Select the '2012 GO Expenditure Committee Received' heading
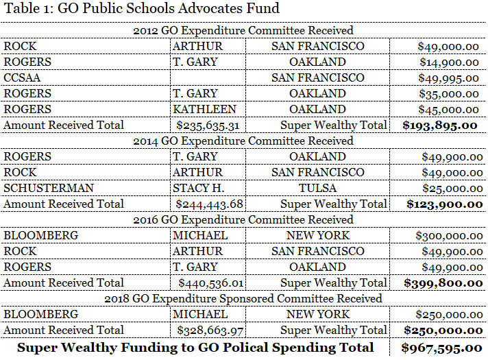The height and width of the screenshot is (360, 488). (243, 30)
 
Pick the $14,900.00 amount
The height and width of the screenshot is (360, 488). (448, 62)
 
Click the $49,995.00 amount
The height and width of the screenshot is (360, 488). (448, 77)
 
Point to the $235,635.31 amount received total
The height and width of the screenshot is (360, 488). (209, 125)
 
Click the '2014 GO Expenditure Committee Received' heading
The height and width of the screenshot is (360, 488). (243, 141)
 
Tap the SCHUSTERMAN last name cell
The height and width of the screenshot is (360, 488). (39, 188)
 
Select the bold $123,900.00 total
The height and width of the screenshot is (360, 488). (443, 204)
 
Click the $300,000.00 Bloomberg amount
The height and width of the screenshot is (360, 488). (447, 235)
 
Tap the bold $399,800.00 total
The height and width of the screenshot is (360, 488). (442, 283)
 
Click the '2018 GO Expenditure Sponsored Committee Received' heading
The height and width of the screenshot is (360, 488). (243, 298)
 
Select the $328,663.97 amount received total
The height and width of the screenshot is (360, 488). (209, 330)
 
